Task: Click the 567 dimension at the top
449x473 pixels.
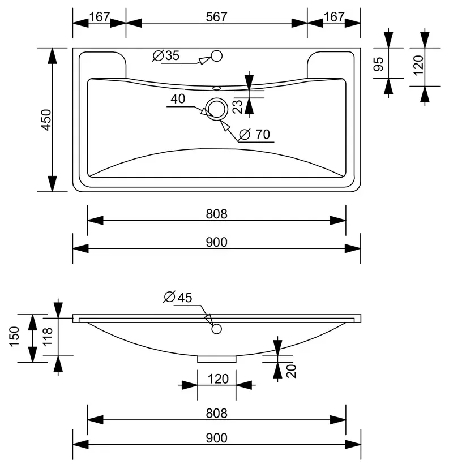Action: pyautogui.click(x=216, y=17)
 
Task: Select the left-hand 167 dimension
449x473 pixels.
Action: pyautogui.click(x=99, y=17)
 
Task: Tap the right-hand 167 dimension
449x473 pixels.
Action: pyautogui.click(x=334, y=17)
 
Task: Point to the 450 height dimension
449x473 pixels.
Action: pyautogui.click(x=46, y=120)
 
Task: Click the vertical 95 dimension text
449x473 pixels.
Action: pyautogui.click(x=378, y=63)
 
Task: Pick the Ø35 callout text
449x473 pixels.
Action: pyautogui.click(x=166, y=55)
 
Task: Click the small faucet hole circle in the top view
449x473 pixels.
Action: pyautogui.click(x=217, y=56)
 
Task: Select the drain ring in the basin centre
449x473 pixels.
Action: pyautogui.click(x=216, y=109)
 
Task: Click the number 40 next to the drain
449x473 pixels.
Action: pyautogui.click(x=178, y=99)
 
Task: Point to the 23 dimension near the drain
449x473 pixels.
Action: pyautogui.click(x=238, y=106)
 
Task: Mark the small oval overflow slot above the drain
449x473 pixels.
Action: pyautogui.click(x=217, y=88)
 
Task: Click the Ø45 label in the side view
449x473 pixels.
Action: pyautogui.click(x=178, y=298)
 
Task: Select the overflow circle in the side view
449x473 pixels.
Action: pyautogui.click(x=216, y=329)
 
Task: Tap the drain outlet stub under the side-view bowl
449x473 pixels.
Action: pyautogui.click(x=217, y=359)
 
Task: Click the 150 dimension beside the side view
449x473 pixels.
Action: pyautogui.click(x=14, y=337)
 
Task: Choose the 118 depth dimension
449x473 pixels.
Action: pyautogui.click(x=48, y=337)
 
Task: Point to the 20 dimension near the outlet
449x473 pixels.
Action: pyautogui.click(x=292, y=371)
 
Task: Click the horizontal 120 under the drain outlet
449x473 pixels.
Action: pyautogui.click(x=218, y=379)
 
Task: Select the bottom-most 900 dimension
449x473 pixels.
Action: pyautogui.click(x=216, y=438)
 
